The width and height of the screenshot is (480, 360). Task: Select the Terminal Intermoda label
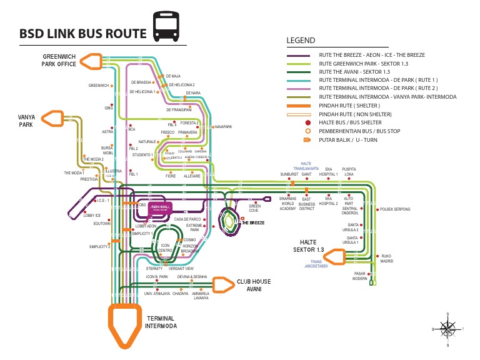(x=161, y=322)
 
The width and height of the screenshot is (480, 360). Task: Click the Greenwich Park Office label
(x=59, y=60)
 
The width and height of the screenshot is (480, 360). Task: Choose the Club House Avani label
(x=253, y=285)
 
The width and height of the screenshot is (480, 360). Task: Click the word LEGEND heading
(x=300, y=41)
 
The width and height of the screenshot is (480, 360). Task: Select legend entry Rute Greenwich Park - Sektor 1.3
(x=363, y=64)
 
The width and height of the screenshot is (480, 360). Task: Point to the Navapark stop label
(x=223, y=127)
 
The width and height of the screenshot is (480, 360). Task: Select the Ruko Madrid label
(x=387, y=259)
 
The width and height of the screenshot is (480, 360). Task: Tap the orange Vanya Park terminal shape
(x=52, y=119)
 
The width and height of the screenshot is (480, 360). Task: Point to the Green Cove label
(x=255, y=208)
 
